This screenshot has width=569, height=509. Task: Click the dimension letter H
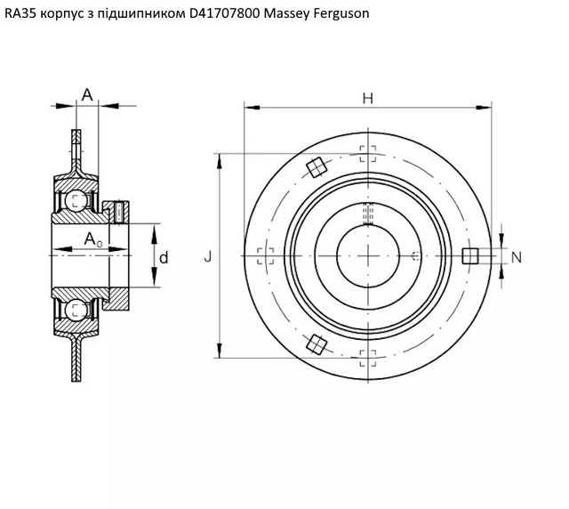point(367,99)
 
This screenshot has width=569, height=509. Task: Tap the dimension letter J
point(207,257)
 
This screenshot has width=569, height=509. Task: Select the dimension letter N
point(517,257)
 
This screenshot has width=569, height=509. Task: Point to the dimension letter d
point(164,257)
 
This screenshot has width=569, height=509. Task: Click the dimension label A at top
point(87,95)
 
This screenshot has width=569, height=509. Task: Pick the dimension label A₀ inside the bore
point(93,239)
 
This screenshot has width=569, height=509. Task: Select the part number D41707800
point(225,13)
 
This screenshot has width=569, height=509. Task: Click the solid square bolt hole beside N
point(470,255)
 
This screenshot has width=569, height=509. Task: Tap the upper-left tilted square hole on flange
point(317,167)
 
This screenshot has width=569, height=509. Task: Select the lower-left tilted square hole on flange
point(317,344)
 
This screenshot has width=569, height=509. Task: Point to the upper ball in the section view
point(77,200)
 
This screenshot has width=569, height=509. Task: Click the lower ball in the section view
point(77,310)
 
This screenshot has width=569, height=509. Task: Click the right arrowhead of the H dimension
point(484,108)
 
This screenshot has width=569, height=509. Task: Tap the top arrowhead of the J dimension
point(220,161)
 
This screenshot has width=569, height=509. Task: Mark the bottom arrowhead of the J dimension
point(220,350)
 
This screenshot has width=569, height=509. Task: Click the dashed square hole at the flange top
point(368,154)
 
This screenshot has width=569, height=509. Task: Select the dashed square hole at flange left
point(266,256)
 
